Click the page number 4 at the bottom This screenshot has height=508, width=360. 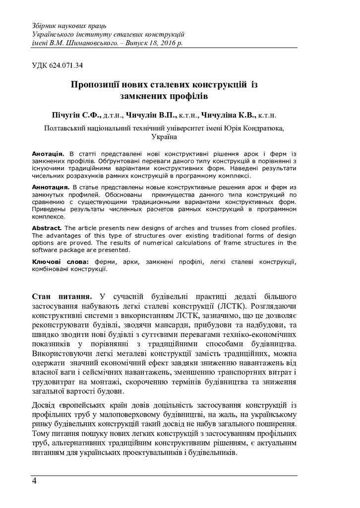coord(34,481)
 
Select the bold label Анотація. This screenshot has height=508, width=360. coord(48,150)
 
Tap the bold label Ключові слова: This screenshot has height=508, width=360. coord(60,261)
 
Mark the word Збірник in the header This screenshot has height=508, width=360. coord(45,25)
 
